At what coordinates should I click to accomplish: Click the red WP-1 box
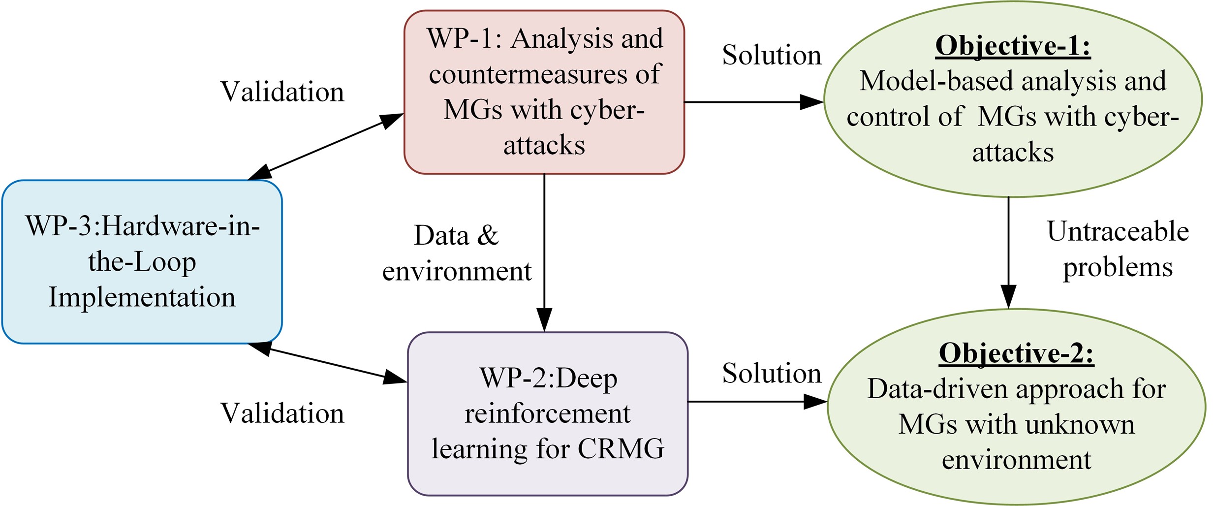click(544, 92)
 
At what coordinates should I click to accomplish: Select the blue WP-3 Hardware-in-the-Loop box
click(142, 261)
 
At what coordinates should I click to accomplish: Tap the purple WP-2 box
click(547, 413)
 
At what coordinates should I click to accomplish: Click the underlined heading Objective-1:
click(1013, 46)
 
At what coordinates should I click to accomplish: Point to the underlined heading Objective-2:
click(1016, 353)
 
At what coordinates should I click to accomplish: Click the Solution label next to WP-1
click(772, 55)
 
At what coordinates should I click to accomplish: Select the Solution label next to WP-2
click(772, 373)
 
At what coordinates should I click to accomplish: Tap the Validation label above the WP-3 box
click(282, 92)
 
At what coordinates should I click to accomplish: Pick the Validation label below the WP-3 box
click(282, 412)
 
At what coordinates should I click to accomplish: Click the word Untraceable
click(1118, 231)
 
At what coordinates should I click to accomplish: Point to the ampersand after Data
click(487, 235)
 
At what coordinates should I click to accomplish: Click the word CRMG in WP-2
click(621, 448)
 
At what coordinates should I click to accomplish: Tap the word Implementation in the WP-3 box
click(142, 297)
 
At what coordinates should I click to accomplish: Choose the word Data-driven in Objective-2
click(937, 389)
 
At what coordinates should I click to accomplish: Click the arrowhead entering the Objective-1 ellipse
click(812, 102)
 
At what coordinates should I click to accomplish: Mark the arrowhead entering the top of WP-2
click(544, 320)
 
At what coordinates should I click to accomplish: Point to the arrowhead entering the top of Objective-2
click(1009, 297)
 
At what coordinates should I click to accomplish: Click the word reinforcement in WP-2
click(547, 413)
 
